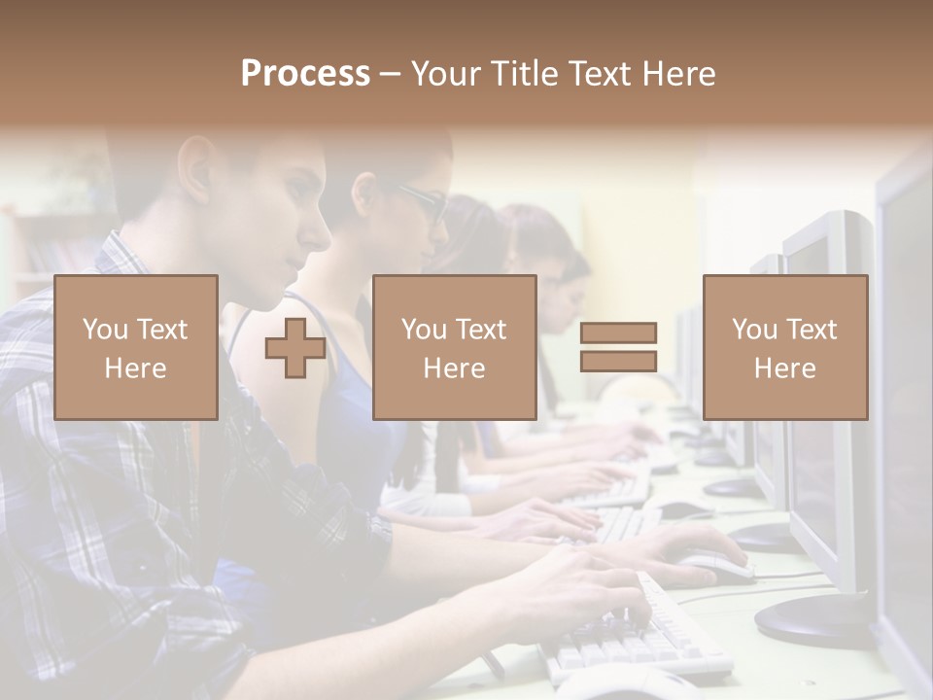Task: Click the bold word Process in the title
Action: click(305, 74)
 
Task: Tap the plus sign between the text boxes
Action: click(295, 348)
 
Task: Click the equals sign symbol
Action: click(618, 348)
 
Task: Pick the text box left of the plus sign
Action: click(136, 348)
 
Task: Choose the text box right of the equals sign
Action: click(785, 348)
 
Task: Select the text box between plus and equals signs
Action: click(455, 348)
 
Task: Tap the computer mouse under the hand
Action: click(714, 563)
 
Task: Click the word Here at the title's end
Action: click(680, 74)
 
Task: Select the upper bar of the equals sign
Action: click(618, 333)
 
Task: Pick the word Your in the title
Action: click(446, 74)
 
